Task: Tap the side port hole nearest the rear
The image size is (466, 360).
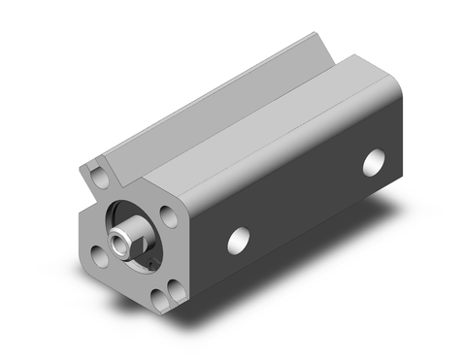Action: click(x=374, y=163)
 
